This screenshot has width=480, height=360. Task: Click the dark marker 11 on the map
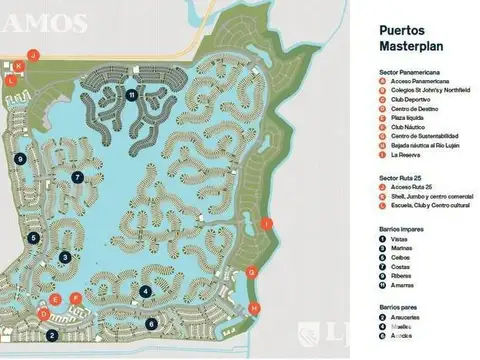pyautogui.click(x=132, y=94)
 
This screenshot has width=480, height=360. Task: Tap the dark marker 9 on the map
pyautogui.click(x=20, y=158)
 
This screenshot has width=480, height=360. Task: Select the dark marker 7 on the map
pyautogui.click(x=77, y=177)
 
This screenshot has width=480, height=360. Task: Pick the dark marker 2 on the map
pyautogui.click(x=51, y=335)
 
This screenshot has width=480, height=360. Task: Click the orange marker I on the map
pyautogui.click(x=265, y=223)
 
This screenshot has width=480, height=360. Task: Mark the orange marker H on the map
pyautogui.click(x=254, y=307)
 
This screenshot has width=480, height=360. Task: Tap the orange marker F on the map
pyautogui.click(x=76, y=297)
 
